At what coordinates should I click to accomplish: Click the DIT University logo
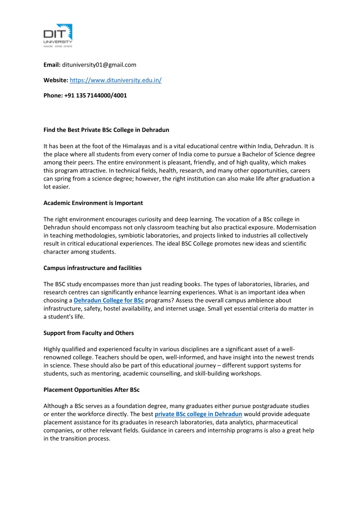click(58, 34)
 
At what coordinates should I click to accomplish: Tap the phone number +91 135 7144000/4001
click(95, 95)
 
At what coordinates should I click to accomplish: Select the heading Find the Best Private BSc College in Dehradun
click(106, 130)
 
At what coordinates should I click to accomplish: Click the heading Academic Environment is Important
click(93, 203)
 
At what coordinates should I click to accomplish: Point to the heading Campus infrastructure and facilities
click(92, 268)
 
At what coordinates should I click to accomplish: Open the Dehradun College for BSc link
click(108, 300)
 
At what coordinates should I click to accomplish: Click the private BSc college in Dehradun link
click(198, 414)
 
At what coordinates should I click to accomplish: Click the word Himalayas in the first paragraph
click(132, 146)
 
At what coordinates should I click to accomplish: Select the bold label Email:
click(51, 64)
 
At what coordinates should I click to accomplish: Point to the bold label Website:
click(55, 79)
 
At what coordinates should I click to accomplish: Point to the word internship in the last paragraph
click(198, 430)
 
